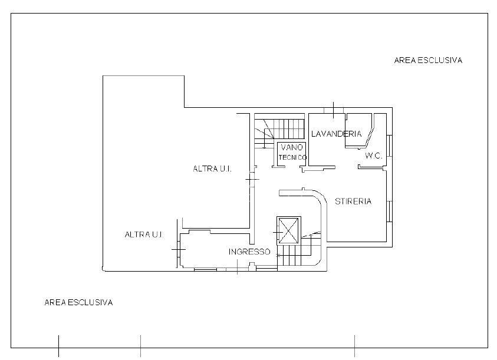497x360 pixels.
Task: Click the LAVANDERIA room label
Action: pos(336,134)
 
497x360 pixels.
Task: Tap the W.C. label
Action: pos(374,156)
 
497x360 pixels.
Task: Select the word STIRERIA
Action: pos(353,202)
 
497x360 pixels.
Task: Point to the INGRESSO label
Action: pos(249,252)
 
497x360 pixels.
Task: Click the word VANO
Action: pos(292,147)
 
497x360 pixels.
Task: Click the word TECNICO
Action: pos(292,157)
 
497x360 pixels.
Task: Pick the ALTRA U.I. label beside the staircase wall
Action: pos(212,169)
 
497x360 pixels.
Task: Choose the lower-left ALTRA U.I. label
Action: pos(144,235)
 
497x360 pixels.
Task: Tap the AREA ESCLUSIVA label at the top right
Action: pos(428,60)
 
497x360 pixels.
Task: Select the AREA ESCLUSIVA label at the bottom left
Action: pos(78,302)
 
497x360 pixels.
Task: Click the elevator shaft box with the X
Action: pos(288,230)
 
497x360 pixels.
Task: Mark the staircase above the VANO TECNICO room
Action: pos(279,128)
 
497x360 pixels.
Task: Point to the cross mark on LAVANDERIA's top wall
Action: pos(334,110)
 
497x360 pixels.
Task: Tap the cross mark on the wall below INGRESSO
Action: pos(238,267)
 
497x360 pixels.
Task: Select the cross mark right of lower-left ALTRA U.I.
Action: pos(179,249)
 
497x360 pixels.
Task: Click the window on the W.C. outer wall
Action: pos(390,146)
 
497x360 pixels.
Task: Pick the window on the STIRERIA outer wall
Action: pos(390,212)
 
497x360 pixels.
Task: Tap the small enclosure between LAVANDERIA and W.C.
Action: pos(358,131)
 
